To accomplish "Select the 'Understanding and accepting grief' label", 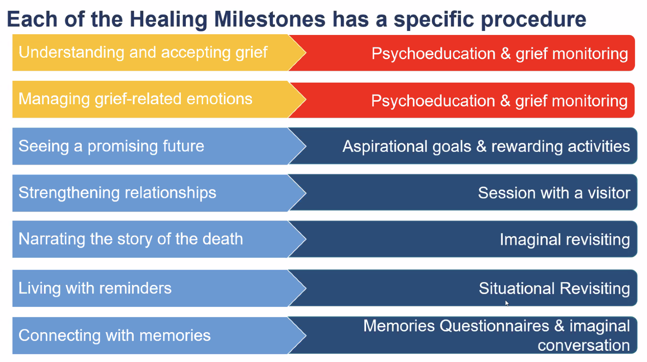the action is (x=143, y=53).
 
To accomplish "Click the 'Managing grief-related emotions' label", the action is (x=136, y=99).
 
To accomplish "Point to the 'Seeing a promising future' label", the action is (x=111, y=146).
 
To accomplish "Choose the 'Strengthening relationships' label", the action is (x=118, y=193).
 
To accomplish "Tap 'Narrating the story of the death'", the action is (x=131, y=239).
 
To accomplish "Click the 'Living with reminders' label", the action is (x=95, y=288).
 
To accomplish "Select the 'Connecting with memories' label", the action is (x=115, y=335).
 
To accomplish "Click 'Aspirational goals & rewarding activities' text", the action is (x=486, y=147).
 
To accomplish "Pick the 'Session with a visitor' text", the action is (x=554, y=193).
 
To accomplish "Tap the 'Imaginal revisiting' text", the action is (x=565, y=240).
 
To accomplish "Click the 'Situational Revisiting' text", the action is (x=554, y=288).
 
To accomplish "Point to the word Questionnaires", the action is (x=494, y=326).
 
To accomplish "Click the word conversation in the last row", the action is (x=584, y=345).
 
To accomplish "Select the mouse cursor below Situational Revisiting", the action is (x=507, y=303).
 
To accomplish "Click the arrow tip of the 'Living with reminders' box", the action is (x=306, y=288).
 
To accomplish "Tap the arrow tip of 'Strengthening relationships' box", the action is (x=306, y=193).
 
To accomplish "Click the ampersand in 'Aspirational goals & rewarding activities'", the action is (x=481, y=146).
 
